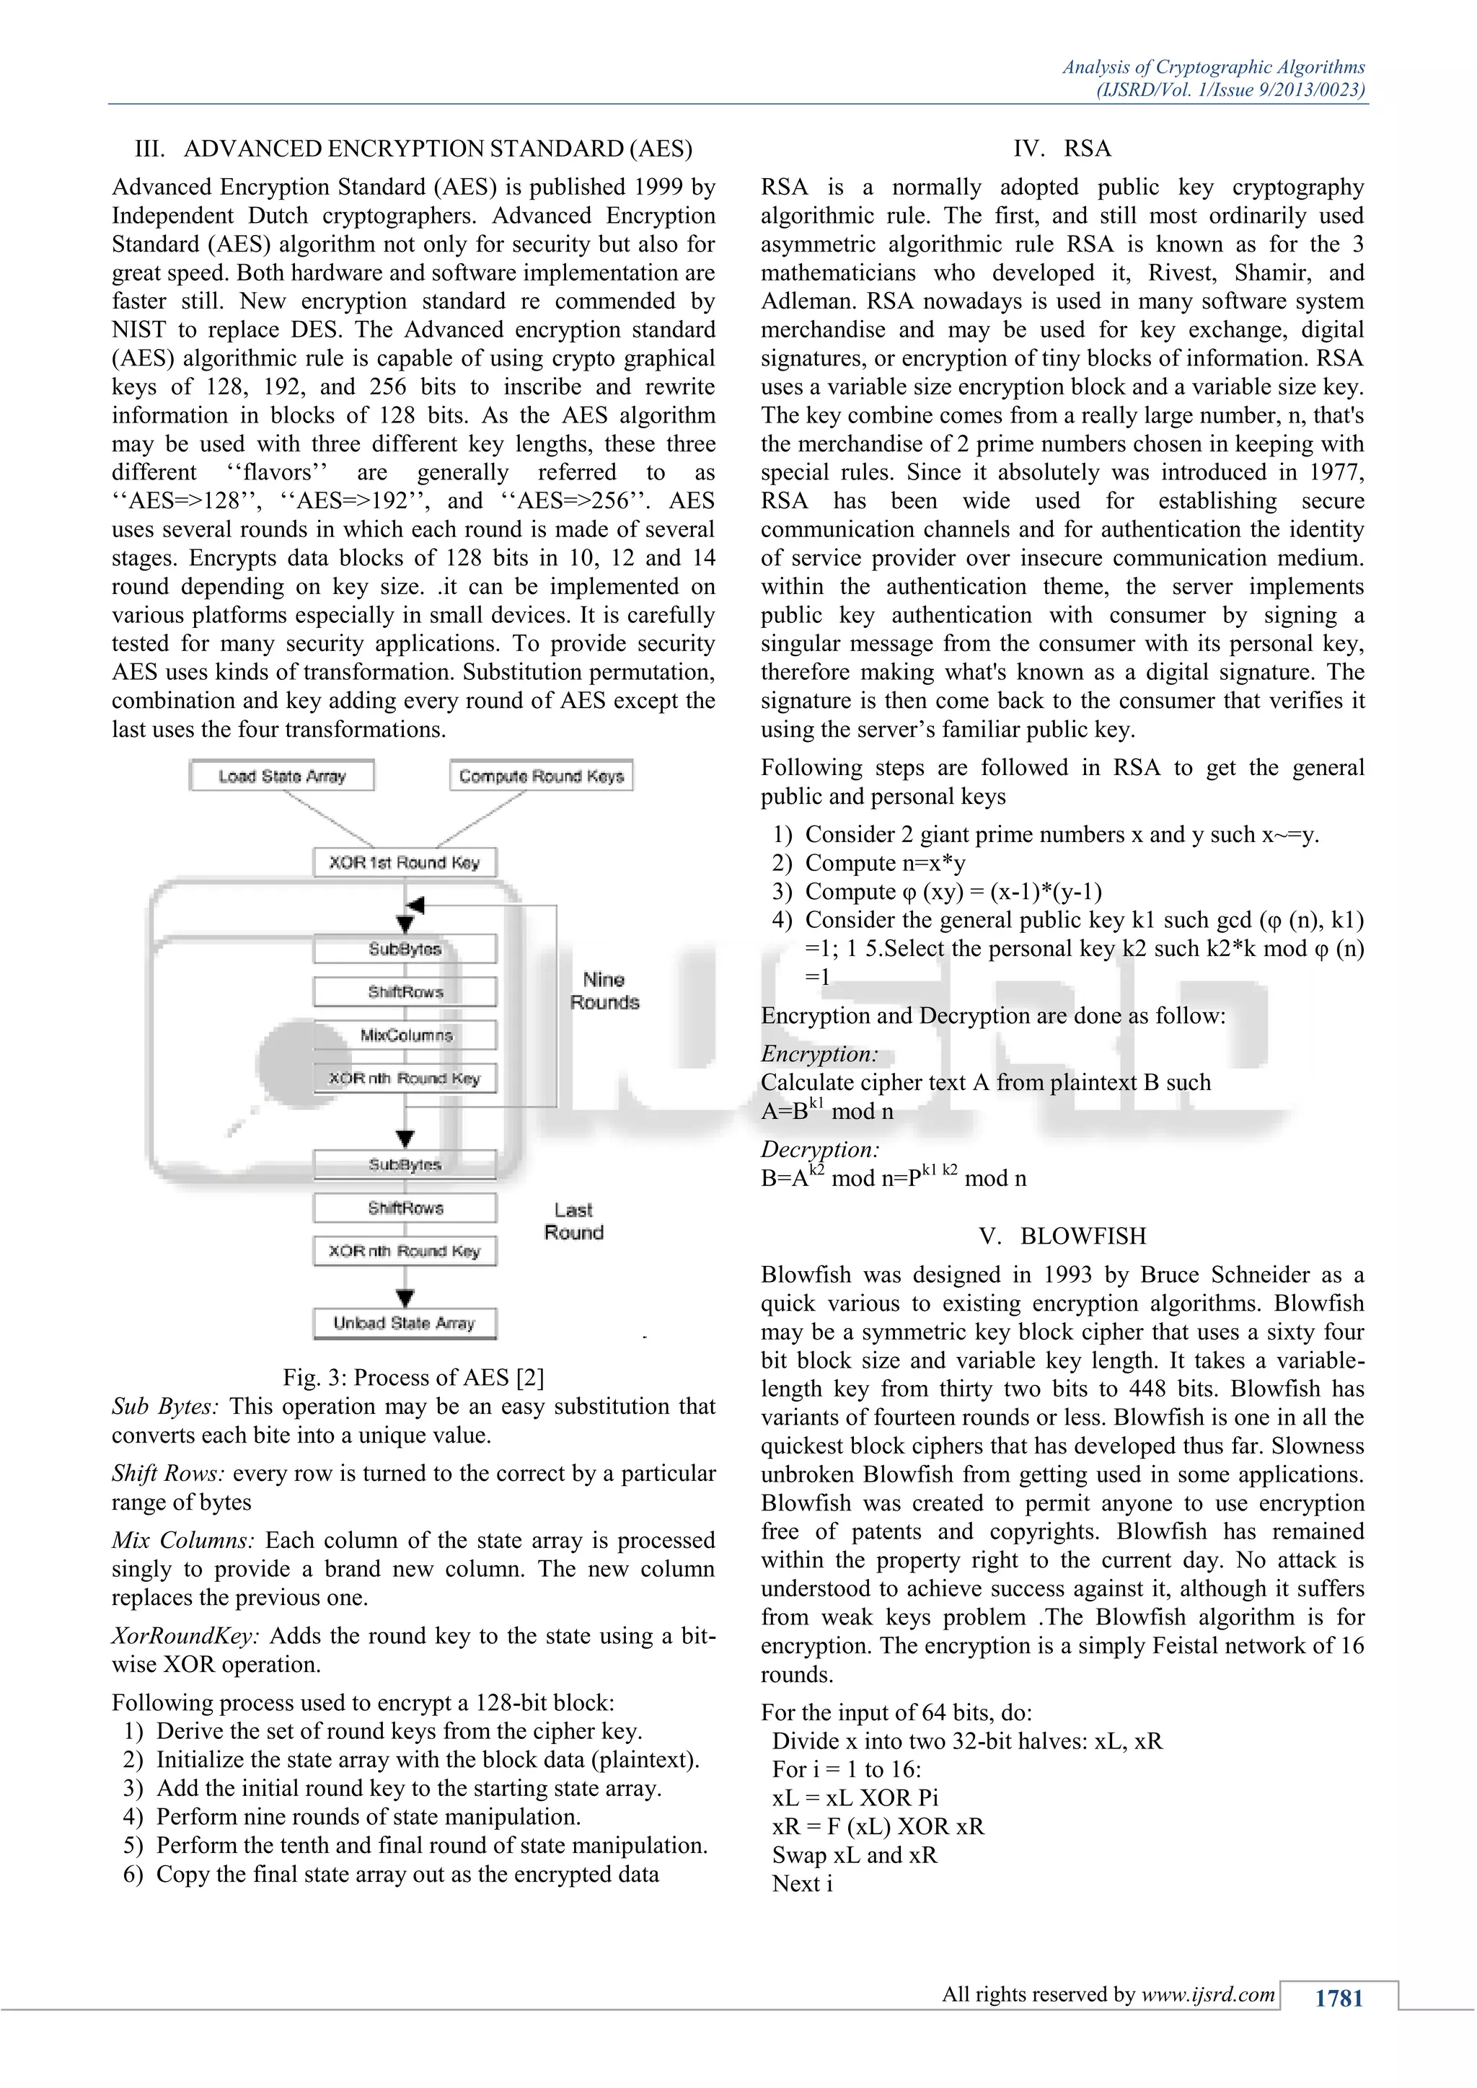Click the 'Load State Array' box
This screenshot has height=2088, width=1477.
pos(282,776)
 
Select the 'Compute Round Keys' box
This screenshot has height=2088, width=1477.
pos(541,776)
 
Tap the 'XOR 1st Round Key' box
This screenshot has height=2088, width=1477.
pos(405,862)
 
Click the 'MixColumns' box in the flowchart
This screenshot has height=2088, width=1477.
pos(405,1035)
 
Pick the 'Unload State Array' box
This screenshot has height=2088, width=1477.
pos(405,1323)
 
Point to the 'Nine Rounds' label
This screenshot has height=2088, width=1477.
pos(604,991)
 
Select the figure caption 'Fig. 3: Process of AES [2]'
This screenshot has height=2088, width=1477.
pos(413,1377)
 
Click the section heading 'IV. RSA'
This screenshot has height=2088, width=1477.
pos(1062,149)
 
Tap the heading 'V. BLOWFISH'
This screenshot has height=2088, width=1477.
pos(1062,1236)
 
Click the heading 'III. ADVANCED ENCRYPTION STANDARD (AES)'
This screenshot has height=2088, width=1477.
pos(413,149)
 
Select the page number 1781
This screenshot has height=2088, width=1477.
pos(1338,1998)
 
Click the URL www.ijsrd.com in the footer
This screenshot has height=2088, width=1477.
pos(1208,1994)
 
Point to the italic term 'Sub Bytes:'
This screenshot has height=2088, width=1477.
pos(166,1407)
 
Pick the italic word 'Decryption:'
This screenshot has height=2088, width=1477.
pos(819,1149)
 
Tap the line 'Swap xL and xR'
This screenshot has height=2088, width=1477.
pos(854,1855)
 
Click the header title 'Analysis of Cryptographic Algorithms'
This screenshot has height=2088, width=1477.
pos(1213,67)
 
